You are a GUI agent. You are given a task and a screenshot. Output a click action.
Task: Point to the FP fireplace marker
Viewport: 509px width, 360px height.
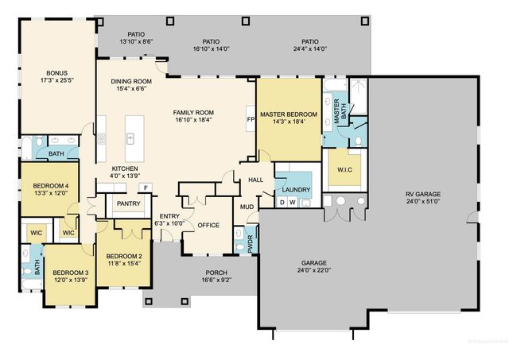pyautogui.click(x=251, y=119)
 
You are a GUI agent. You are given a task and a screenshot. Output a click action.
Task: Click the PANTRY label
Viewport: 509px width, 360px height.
pyautogui.click(x=128, y=203)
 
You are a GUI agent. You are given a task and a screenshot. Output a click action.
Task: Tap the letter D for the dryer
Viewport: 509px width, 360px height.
pyautogui.click(x=282, y=203)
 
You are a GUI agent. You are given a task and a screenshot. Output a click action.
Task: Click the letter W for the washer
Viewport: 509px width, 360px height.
pyautogui.click(x=293, y=203)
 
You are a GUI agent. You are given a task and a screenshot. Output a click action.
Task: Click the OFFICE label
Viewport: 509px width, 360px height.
pyautogui.click(x=208, y=225)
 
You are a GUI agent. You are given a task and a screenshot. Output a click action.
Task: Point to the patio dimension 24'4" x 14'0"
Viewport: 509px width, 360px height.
pyautogui.click(x=310, y=48)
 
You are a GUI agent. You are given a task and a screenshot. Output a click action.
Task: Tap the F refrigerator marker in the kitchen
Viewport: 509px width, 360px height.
pyautogui.click(x=146, y=188)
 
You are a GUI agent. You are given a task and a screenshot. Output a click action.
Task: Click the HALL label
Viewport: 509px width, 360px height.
pyautogui.click(x=255, y=180)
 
